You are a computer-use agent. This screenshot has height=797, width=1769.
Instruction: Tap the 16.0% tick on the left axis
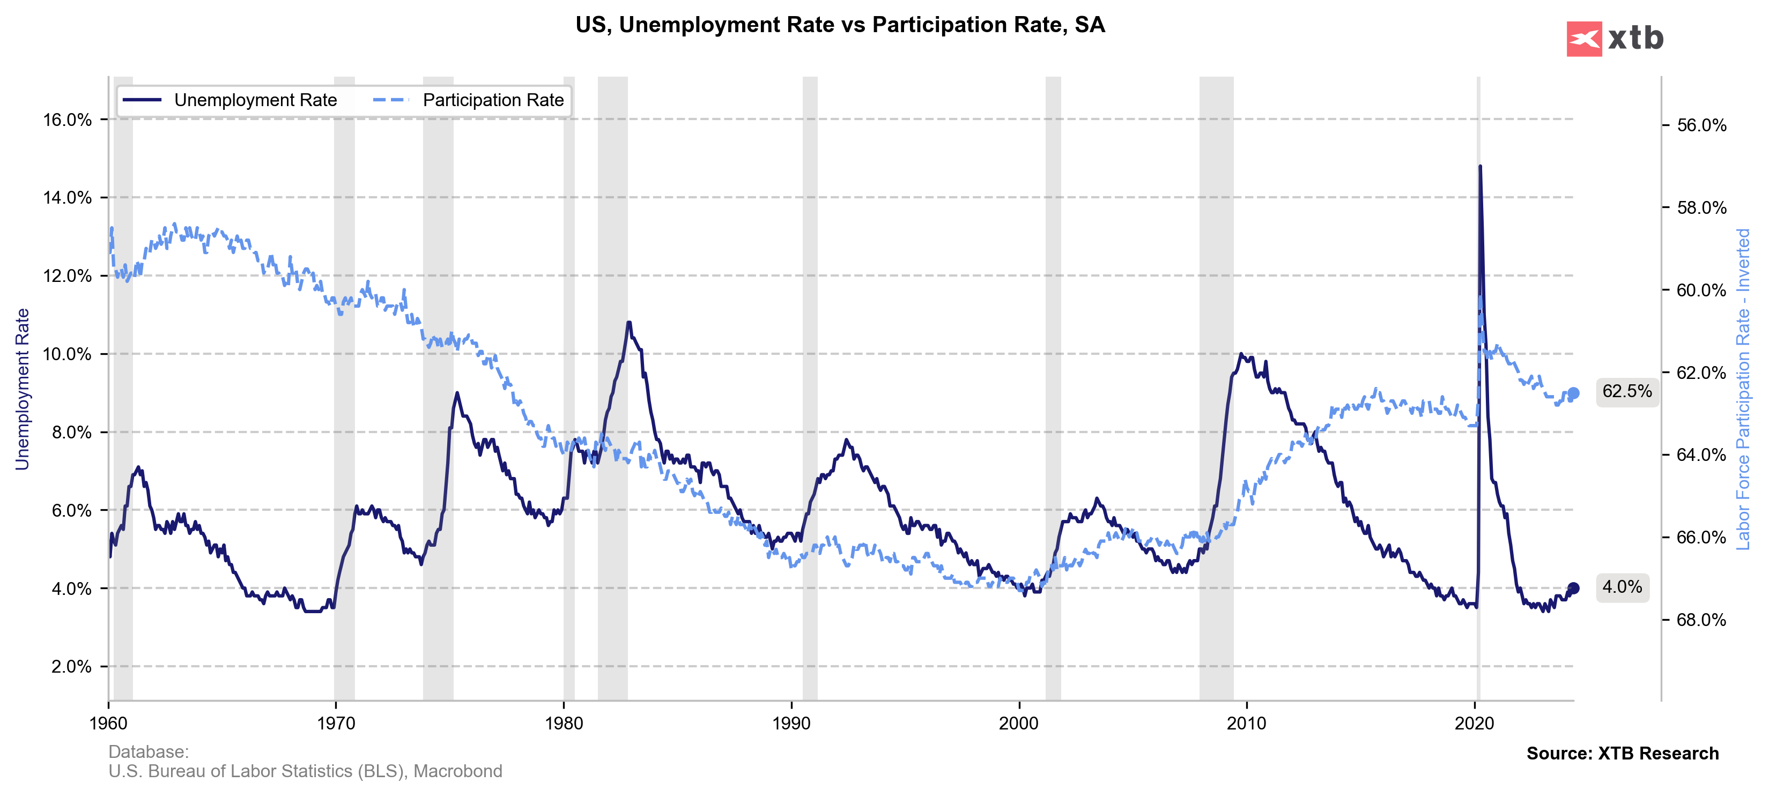(68, 120)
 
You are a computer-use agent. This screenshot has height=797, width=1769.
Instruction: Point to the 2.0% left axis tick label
(71, 667)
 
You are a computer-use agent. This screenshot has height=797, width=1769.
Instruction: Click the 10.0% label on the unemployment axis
(68, 354)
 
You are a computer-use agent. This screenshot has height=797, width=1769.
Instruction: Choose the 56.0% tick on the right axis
(1701, 125)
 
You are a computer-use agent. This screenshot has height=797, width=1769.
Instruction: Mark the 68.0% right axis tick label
(1701, 620)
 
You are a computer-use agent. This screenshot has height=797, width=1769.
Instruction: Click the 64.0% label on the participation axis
(1701, 455)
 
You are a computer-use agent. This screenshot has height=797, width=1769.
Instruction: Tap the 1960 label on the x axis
(108, 723)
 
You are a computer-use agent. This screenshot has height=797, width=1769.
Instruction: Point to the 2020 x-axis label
(1475, 723)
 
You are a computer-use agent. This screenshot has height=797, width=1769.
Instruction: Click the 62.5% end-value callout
(1626, 391)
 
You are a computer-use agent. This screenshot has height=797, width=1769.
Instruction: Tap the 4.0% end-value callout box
(1622, 587)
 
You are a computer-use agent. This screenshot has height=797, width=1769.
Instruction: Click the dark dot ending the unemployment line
(1573, 589)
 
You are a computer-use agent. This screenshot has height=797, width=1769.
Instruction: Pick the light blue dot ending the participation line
(1573, 393)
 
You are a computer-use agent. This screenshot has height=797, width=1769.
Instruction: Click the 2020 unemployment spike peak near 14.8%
(1480, 166)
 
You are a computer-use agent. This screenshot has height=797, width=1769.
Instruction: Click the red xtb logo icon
(1583, 39)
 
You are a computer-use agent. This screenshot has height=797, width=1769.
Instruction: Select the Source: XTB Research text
(1622, 753)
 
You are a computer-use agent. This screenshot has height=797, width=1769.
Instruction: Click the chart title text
(840, 25)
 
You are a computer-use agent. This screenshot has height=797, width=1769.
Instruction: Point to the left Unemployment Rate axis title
(23, 389)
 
